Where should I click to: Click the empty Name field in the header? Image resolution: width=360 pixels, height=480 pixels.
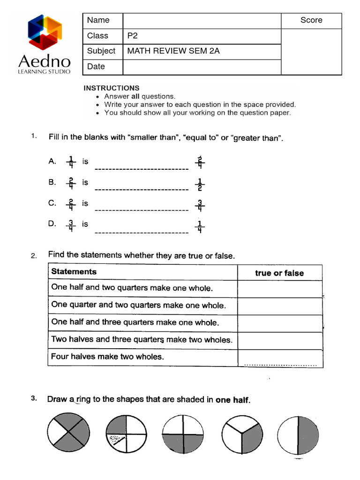click(202, 21)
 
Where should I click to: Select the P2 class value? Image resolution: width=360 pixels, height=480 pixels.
click(133, 36)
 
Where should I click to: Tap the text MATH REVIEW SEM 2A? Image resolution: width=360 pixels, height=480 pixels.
click(173, 51)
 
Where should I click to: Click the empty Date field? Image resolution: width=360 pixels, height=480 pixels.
click(202, 67)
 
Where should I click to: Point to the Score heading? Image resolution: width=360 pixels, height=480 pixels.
click(311, 20)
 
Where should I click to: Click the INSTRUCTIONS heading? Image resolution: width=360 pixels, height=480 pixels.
click(111, 88)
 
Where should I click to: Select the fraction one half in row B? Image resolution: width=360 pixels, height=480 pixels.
click(200, 185)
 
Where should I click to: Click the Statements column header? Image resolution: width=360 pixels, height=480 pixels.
click(74, 272)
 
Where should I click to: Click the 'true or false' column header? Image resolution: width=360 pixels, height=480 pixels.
click(279, 273)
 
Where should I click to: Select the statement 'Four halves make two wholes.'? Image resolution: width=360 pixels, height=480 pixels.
click(107, 357)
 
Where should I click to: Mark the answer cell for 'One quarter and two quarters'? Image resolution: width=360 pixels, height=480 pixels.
click(280, 306)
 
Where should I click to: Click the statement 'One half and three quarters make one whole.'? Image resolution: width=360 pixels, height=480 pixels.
click(135, 322)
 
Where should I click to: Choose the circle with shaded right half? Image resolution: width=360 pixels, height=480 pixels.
click(298, 434)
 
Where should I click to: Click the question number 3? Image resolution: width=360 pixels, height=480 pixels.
click(34, 399)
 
